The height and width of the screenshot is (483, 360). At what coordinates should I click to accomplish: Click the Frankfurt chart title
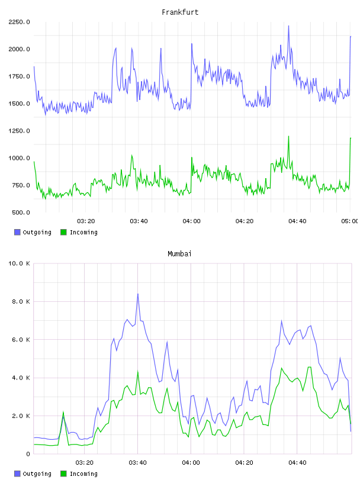pyautogui.click(x=180, y=12)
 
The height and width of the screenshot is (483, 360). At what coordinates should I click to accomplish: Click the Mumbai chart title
pyautogui.click(x=179, y=254)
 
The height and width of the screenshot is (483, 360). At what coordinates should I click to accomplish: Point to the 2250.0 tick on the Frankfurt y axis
pyautogui.click(x=20, y=22)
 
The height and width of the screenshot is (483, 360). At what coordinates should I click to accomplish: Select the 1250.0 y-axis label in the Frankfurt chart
pyautogui.click(x=20, y=131)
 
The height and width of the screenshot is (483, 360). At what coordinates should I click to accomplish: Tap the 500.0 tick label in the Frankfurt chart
pyautogui.click(x=21, y=212)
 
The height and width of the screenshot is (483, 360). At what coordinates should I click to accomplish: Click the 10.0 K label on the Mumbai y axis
pyautogui.click(x=20, y=263)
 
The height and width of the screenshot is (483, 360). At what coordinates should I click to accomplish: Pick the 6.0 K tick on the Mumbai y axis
pyautogui.click(x=21, y=339)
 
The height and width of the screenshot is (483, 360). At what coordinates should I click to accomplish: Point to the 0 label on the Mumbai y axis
pyautogui.click(x=28, y=454)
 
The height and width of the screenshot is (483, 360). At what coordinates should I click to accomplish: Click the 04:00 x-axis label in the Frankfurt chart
pyautogui.click(x=191, y=221)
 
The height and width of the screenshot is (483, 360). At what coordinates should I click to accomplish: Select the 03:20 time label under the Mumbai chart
pyautogui.click(x=85, y=463)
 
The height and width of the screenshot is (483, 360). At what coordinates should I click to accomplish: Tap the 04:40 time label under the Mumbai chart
pyautogui.click(x=297, y=463)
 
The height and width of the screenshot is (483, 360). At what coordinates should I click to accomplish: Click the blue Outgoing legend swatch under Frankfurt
pyautogui.click(x=17, y=232)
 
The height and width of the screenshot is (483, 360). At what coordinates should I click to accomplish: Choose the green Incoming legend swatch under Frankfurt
pyautogui.click(x=63, y=232)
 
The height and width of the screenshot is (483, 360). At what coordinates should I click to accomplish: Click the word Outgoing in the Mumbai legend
pyautogui.click(x=37, y=474)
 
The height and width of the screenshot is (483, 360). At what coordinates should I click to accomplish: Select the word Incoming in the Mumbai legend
pyautogui.click(x=83, y=474)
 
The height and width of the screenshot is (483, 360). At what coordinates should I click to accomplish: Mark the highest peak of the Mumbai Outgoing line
pyautogui.click(x=138, y=294)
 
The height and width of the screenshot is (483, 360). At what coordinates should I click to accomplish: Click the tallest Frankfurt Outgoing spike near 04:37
pyautogui.click(x=288, y=26)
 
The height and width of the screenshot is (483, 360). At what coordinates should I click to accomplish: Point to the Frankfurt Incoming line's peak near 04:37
pyautogui.click(x=288, y=136)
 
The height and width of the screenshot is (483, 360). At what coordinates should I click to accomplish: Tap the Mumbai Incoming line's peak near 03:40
pyautogui.click(x=138, y=371)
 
